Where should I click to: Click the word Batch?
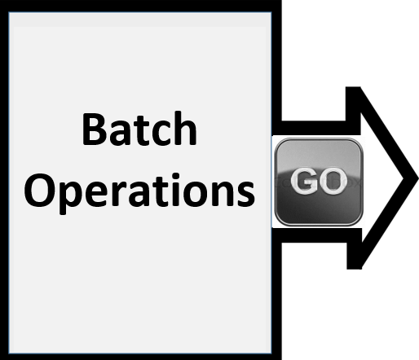[x=139, y=129]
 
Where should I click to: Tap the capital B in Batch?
[x=93, y=130]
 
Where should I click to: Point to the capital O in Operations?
[x=37, y=190]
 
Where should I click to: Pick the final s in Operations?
[x=245, y=194]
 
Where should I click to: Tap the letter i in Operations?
[x=176, y=189]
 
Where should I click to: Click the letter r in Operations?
[x=121, y=194]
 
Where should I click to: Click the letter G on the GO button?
[x=303, y=181]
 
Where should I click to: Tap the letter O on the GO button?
[x=332, y=181]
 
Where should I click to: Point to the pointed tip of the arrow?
[x=418, y=178]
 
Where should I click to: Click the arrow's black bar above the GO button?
[x=313, y=128]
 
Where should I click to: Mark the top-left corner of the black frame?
[x=1, y=1]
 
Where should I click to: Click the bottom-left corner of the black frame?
[x=1, y=359]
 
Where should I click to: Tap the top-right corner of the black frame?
[x=281, y=1]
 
